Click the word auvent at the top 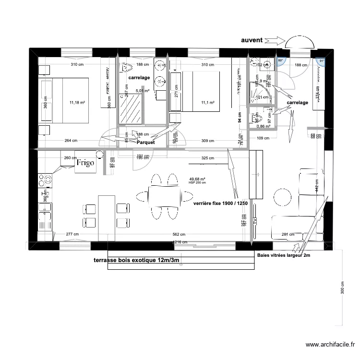point(252,41)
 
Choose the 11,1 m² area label point(207,102)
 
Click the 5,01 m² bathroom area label point(143,90)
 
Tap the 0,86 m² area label point(264,126)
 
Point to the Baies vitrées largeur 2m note point(284,256)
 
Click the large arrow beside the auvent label point(274,41)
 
